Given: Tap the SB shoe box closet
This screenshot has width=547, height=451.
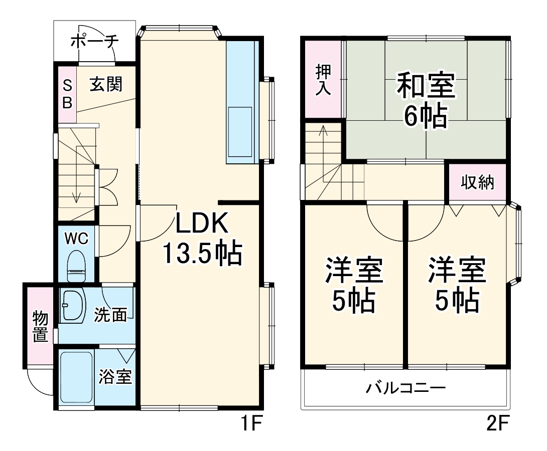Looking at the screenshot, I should click(67, 94).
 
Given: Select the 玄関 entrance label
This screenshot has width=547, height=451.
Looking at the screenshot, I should click(106, 85).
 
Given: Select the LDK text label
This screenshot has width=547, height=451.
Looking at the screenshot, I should click(202, 224).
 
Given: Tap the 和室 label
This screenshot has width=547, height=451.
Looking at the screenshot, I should click(426, 86).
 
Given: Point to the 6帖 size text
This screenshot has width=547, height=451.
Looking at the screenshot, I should click(426, 117).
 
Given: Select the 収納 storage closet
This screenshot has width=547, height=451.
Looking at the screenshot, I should click(477, 182).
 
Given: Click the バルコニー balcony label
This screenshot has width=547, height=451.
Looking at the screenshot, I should click(405, 388).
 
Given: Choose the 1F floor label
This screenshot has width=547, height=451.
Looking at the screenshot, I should click(249, 425).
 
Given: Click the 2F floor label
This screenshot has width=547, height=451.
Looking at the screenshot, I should click(498, 425).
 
